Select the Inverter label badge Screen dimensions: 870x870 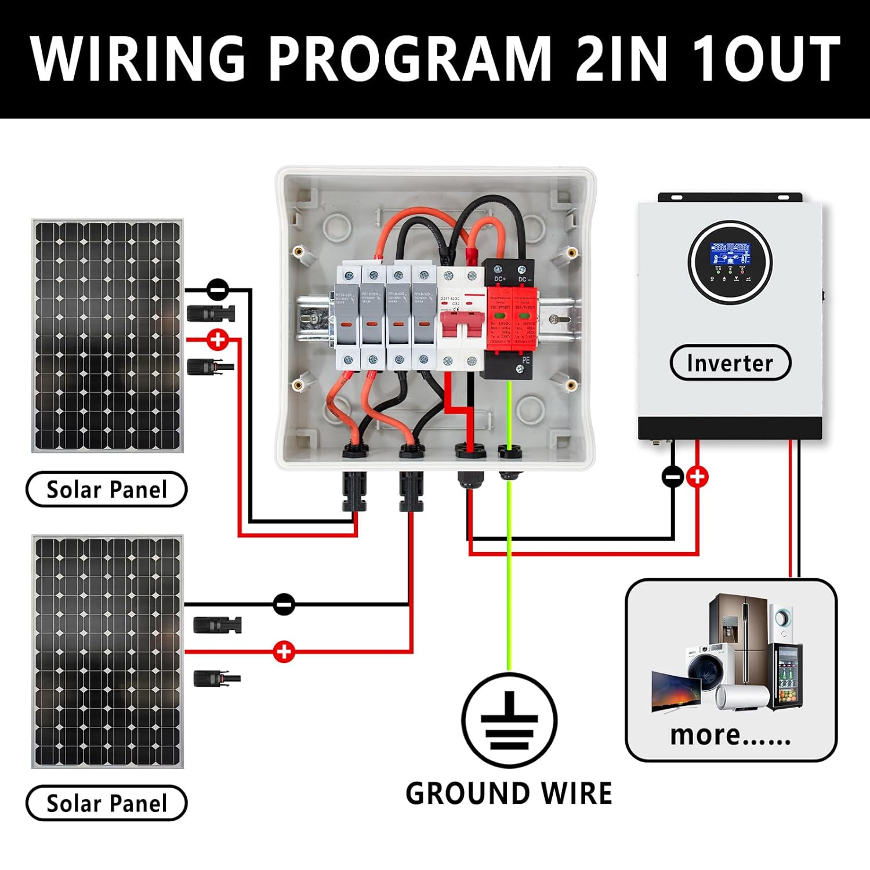[x=730, y=363]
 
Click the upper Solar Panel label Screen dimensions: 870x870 [x=106, y=490]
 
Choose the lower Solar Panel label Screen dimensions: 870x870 [x=106, y=803]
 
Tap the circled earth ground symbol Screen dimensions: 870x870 [x=509, y=720]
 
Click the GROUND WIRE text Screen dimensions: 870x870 [x=509, y=793]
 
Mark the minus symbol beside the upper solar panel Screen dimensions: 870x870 [x=218, y=288]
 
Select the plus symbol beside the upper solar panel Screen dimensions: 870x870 [x=218, y=340]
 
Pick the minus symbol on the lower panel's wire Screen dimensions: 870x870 [x=284, y=604]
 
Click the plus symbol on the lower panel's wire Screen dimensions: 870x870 [x=284, y=651]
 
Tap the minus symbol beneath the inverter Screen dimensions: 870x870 [x=673, y=477]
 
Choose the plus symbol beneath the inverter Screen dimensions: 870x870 [x=697, y=477]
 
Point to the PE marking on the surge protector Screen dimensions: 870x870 [x=525, y=361]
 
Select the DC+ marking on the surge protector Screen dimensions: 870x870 [x=500, y=280]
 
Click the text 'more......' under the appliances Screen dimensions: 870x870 [x=730, y=735]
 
